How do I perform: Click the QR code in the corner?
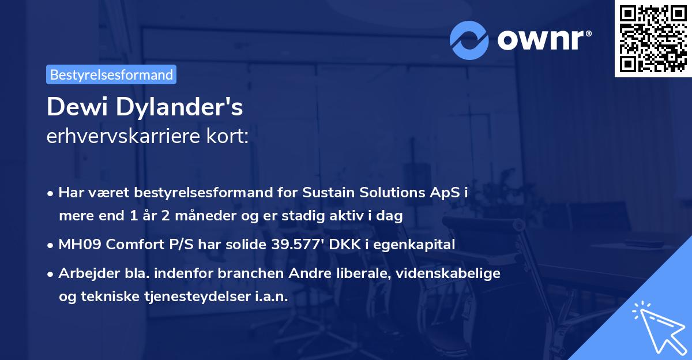click(x=652, y=38)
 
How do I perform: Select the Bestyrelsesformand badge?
click(x=111, y=74)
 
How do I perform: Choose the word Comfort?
click(x=127, y=245)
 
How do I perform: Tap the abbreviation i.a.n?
click(x=270, y=297)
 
